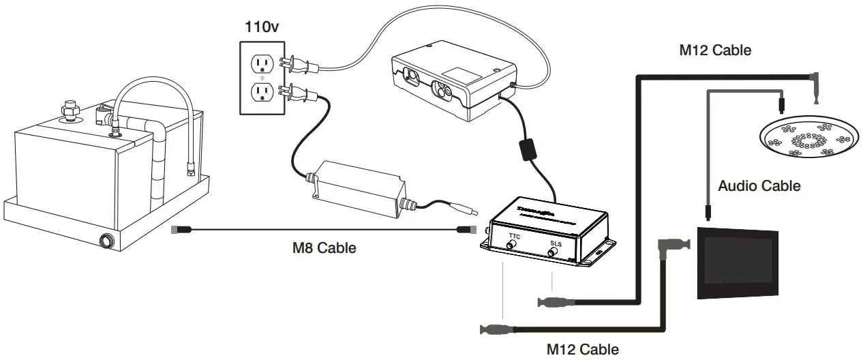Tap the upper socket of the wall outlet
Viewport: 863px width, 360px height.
pyautogui.click(x=262, y=64)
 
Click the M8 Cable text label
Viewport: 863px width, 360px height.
pyautogui.click(x=324, y=247)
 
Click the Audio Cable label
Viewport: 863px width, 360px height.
pyautogui.click(x=759, y=185)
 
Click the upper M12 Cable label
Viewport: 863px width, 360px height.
pyautogui.click(x=715, y=50)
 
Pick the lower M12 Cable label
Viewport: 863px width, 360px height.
pyautogui.click(x=583, y=349)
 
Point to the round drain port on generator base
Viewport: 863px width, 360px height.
pyautogui.click(x=106, y=241)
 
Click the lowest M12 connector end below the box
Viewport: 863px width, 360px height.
pyautogui.click(x=494, y=329)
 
